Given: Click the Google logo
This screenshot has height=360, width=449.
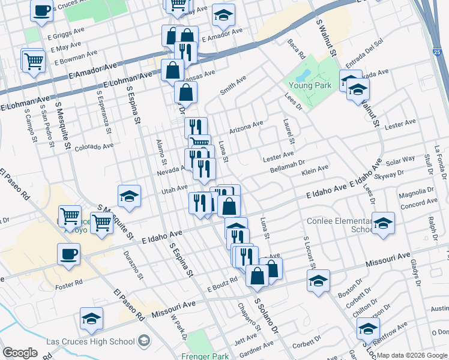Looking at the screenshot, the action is (20, 353).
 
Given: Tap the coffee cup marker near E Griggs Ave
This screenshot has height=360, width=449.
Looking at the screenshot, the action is (41, 11).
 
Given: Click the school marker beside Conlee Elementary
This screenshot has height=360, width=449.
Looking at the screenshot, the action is (383, 223).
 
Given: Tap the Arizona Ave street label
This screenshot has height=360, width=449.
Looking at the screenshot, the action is (246, 127).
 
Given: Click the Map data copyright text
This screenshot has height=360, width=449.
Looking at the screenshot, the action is (412, 355).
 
